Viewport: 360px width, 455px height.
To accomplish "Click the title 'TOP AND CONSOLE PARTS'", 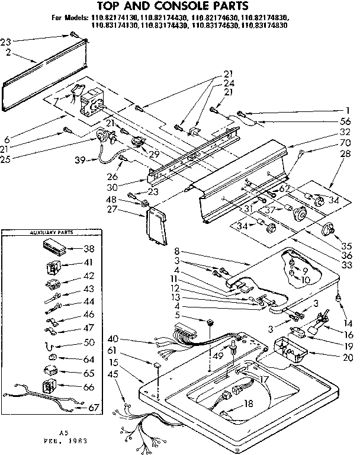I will pyautogui.click(x=177, y=7).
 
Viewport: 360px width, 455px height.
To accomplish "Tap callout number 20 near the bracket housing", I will pyautogui.click(x=348, y=357).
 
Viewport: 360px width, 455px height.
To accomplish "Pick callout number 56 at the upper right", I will pyautogui.click(x=345, y=121).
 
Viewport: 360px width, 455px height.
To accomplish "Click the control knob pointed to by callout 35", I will pyautogui.click(x=328, y=229).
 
